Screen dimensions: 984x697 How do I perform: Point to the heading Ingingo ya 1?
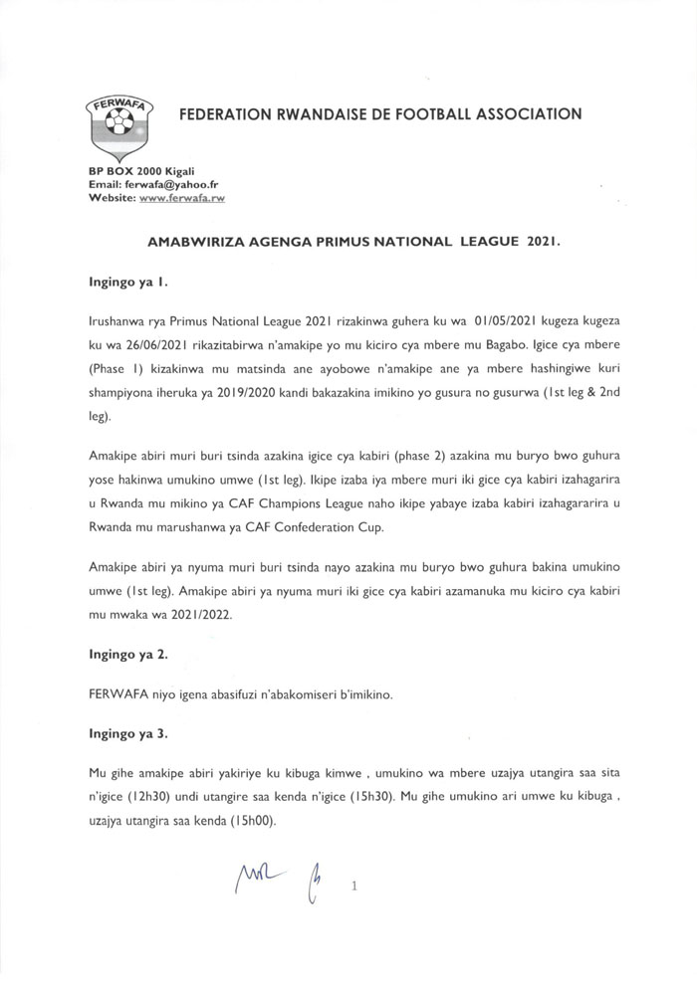126,283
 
